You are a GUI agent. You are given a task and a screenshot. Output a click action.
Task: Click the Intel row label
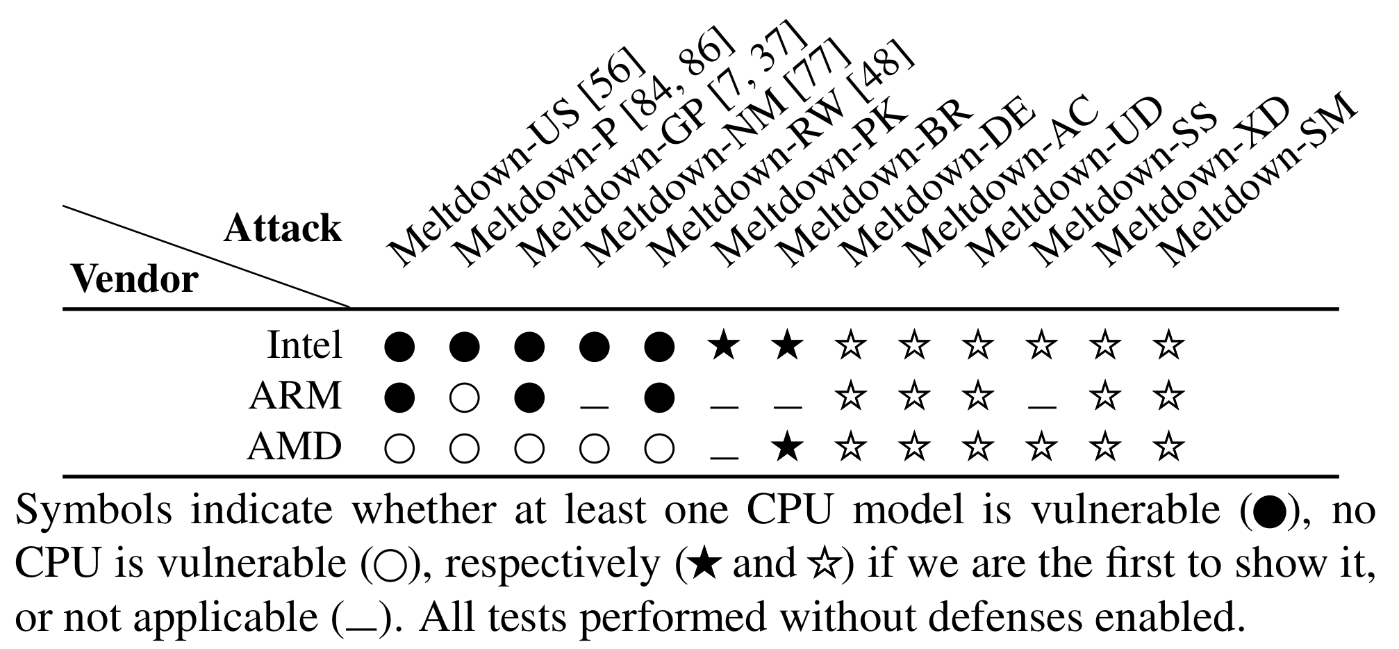point(304,345)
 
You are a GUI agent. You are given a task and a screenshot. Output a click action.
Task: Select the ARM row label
point(295,396)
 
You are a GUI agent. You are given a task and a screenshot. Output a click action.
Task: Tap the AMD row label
point(294,447)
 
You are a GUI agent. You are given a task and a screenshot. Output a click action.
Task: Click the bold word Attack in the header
point(283,229)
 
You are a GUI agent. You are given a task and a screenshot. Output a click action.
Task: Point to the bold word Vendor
point(135,279)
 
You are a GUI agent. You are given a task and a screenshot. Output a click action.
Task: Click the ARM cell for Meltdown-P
point(464,397)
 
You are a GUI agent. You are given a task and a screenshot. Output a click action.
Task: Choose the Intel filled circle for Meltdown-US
point(400,345)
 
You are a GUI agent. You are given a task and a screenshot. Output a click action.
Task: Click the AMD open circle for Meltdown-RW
point(659,448)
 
